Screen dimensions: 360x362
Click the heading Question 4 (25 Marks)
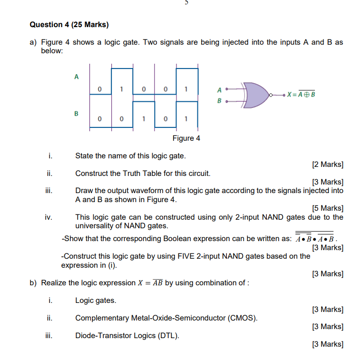tap(69, 24)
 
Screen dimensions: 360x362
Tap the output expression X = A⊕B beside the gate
tap(300, 94)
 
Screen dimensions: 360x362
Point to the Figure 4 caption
tap(186, 138)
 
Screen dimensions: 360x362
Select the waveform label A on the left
tap(76, 76)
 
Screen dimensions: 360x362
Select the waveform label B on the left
tap(76, 114)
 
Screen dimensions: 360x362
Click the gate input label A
tap(219, 88)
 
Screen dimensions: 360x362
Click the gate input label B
tap(219, 101)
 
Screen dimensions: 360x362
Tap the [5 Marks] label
tap(327, 208)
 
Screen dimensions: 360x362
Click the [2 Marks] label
tap(327, 165)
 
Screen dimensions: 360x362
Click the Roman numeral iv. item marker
tap(48, 217)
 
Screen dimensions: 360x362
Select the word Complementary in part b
tap(101, 318)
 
